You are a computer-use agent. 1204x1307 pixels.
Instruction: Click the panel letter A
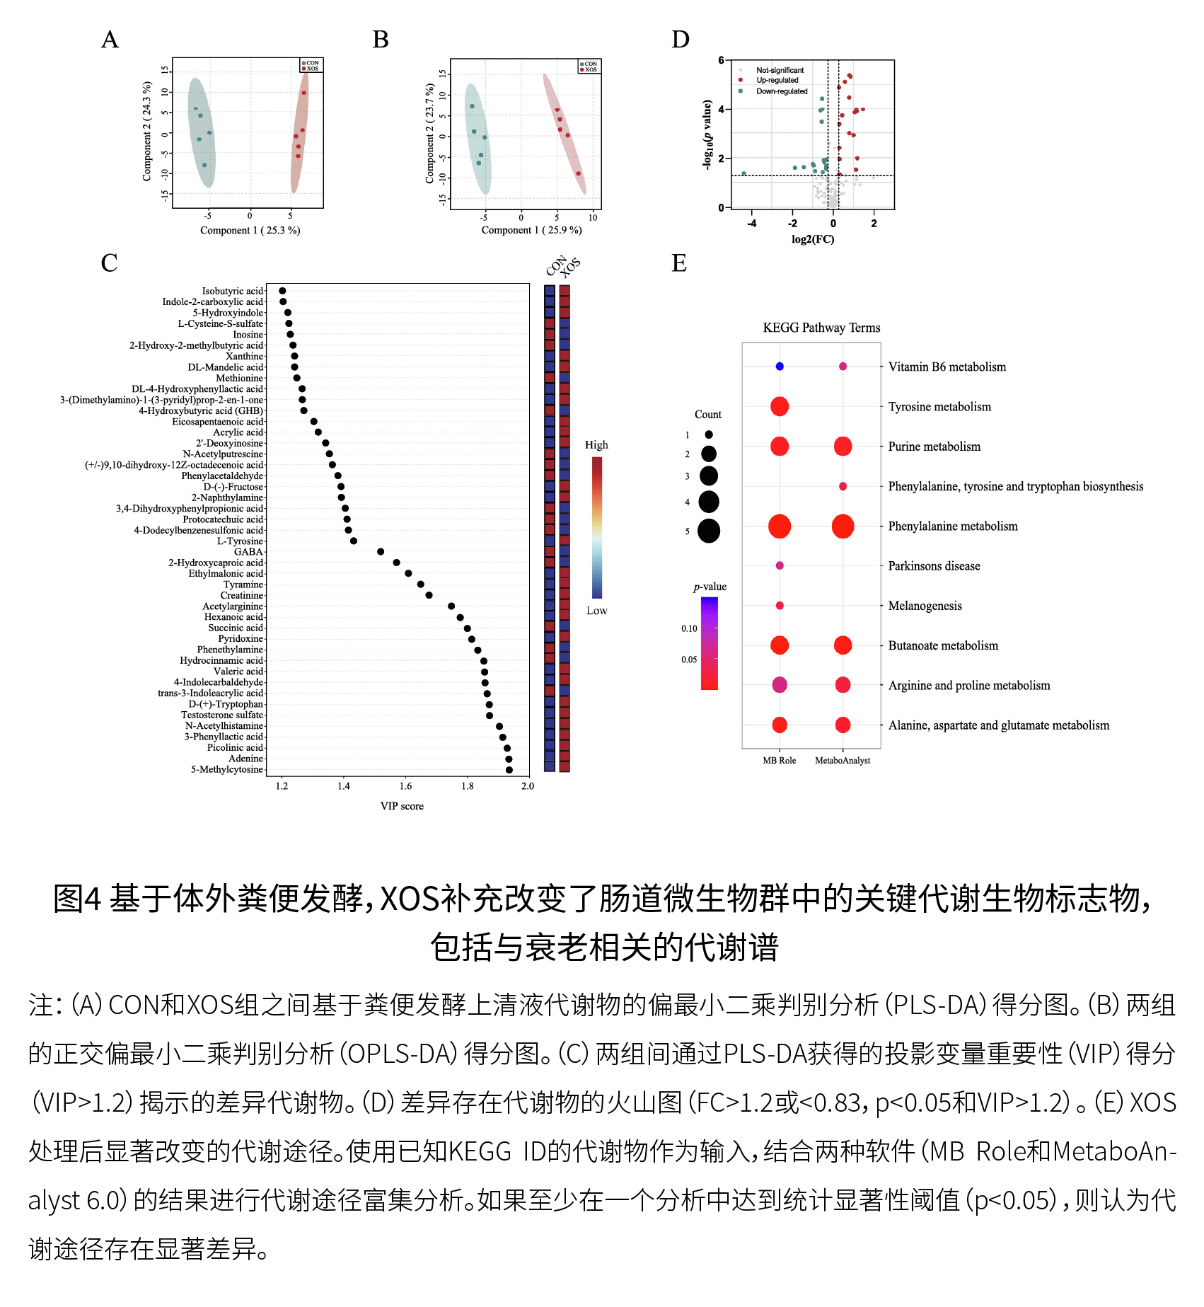click(x=110, y=40)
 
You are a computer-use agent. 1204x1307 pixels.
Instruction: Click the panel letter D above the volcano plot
click(x=680, y=40)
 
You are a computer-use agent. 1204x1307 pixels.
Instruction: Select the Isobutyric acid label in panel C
click(x=232, y=291)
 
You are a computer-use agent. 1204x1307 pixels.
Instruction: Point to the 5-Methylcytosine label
click(x=226, y=769)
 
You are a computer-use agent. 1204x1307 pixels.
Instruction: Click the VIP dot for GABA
click(x=381, y=551)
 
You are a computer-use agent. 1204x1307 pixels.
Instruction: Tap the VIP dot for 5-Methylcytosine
click(x=509, y=769)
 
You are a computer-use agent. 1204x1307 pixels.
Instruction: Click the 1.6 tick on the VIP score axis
click(x=405, y=785)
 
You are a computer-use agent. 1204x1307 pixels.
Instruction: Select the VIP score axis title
click(x=402, y=806)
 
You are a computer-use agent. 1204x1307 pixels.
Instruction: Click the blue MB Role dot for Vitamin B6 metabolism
click(x=780, y=367)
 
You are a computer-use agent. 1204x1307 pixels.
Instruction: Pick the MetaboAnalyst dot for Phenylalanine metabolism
click(x=843, y=526)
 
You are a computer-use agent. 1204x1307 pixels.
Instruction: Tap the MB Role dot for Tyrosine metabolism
click(x=780, y=406)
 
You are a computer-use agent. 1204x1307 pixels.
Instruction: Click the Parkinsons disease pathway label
click(x=934, y=566)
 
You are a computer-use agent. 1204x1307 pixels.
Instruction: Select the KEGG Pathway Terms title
click(x=821, y=328)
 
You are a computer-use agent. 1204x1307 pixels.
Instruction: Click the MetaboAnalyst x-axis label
click(x=843, y=761)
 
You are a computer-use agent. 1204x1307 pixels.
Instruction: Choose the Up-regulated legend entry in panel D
click(x=777, y=81)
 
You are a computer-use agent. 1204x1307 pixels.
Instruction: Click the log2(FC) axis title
click(x=813, y=239)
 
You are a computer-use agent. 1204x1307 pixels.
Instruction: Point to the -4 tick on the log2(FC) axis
click(x=751, y=224)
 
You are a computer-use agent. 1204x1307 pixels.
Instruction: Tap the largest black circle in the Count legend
click(x=709, y=531)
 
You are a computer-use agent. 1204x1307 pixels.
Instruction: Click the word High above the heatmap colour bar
click(x=596, y=445)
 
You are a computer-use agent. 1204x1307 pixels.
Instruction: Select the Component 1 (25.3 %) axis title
click(x=250, y=231)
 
